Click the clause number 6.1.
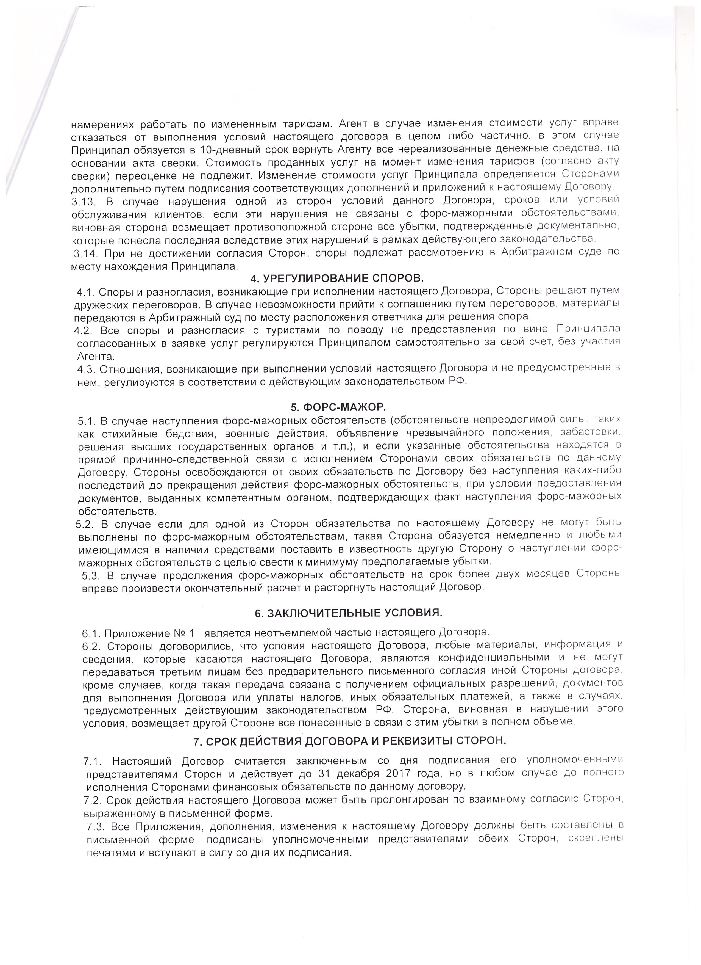[91, 632]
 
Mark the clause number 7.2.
[93, 800]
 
